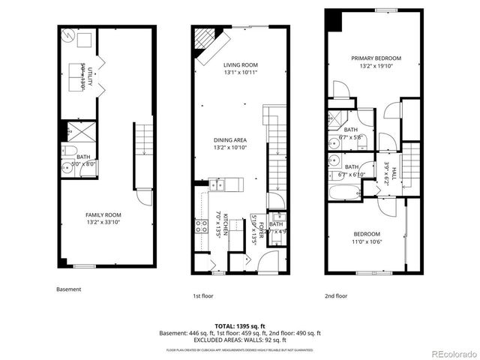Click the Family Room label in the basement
[x=103, y=214]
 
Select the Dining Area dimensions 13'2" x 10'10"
[x=230, y=148]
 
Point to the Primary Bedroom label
[x=376, y=58]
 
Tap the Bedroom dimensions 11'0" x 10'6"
[x=367, y=241]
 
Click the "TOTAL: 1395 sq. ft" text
[x=239, y=325]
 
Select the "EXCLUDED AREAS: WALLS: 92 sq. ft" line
[x=239, y=340]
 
